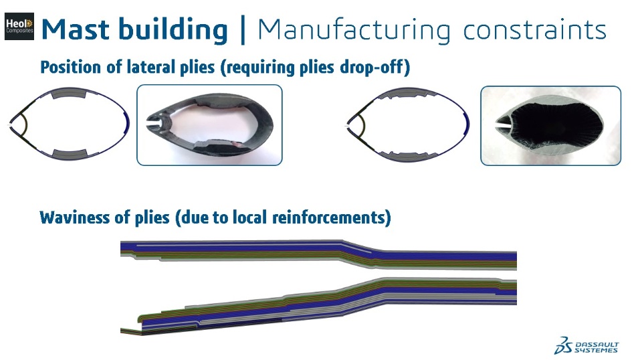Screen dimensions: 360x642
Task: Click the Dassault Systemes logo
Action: coord(586,345)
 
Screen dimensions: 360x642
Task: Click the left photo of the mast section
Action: coord(209,125)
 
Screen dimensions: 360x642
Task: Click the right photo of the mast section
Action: coord(550,125)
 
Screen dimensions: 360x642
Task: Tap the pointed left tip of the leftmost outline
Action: coord(9,125)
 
